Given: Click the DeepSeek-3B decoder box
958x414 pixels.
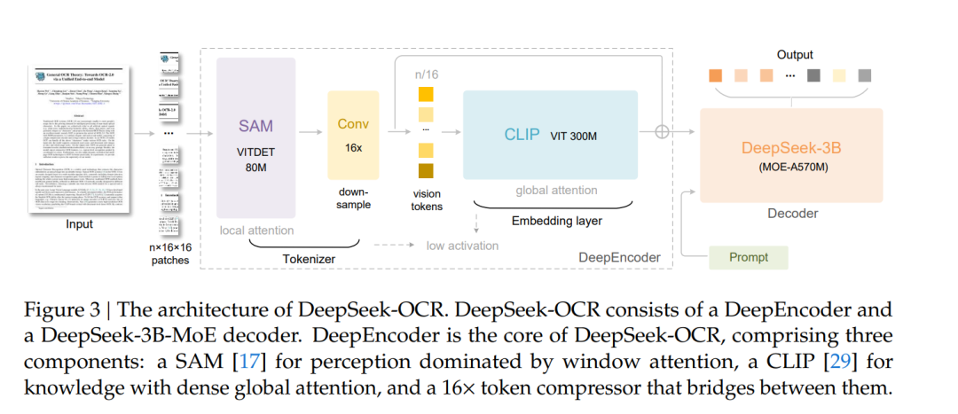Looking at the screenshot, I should click(791, 156).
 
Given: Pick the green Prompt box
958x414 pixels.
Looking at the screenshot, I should click(749, 257).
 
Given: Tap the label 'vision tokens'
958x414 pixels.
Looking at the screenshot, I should click(426, 199).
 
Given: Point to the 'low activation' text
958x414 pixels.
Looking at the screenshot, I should click(461, 246).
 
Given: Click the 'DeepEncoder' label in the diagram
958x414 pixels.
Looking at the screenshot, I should click(619, 257).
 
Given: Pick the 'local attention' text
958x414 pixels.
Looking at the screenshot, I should click(257, 230).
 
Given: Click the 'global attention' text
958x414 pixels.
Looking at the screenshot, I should click(556, 190).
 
